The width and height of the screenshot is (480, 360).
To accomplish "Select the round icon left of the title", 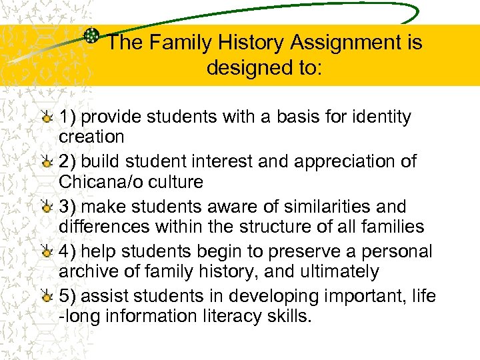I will pos(93,37).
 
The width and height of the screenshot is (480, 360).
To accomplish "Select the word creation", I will pos(91,137).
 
